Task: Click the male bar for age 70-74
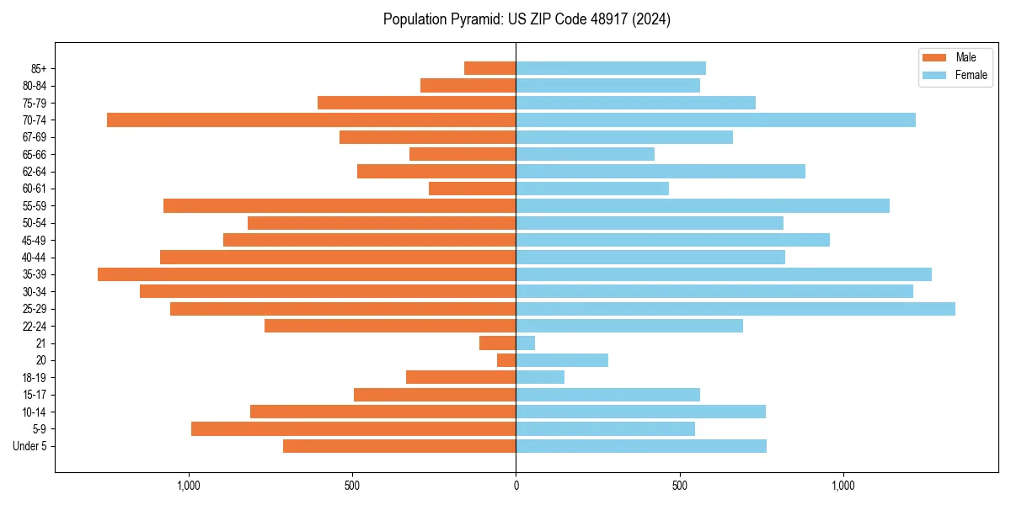[311, 120]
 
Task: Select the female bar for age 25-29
[736, 309]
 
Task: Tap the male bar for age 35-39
[307, 274]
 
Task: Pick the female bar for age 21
[526, 343]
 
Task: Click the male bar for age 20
[506, 360]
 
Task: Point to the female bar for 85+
[611, 68]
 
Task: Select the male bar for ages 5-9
[353, 429]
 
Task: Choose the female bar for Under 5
[641, 446]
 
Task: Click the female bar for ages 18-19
[540, 378]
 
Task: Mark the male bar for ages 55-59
[340, 206]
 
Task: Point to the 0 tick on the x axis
[516, 486]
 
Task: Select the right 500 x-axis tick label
[679, 486]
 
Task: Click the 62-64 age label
[35, 172]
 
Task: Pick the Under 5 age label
[29, 446]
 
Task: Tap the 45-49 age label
[35, 241]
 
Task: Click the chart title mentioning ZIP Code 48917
[527, 19]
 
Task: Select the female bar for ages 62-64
[661, 172]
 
